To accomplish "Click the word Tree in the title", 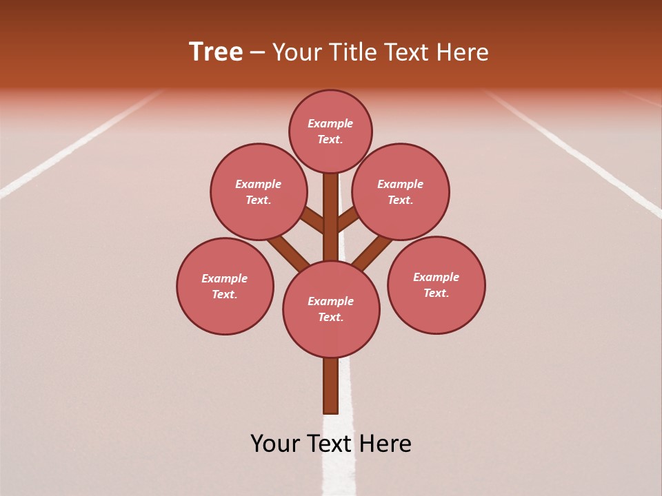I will (216, 52).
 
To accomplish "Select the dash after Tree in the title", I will (257, 53).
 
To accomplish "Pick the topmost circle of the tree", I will (330, 131).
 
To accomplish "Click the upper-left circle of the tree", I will (258, 192).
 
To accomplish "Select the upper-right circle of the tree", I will (401, 192).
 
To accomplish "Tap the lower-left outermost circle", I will (225, 286).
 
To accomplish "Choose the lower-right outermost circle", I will (436, 285).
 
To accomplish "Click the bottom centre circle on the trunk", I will (331, 309).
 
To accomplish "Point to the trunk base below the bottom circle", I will (330, 386).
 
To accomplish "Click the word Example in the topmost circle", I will (330, 124).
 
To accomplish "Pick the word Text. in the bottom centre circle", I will (331, 317).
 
